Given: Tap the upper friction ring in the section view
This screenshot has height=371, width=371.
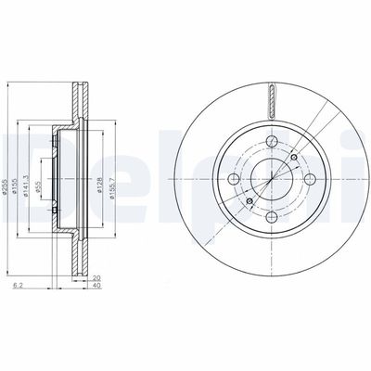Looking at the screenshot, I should (x=78, y=102).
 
